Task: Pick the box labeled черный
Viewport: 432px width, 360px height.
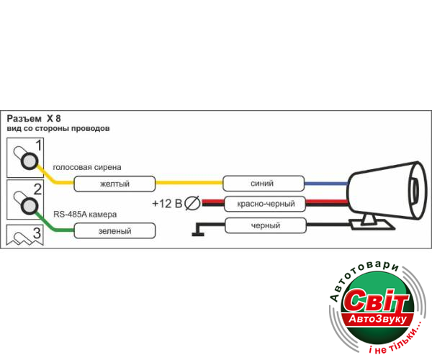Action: pyautogui.click(x=264, y=225)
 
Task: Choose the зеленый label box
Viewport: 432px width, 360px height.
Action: pyautogui.click(x=116, y=231)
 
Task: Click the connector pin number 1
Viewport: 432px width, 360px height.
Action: pyautogui.click(x=28, y=160)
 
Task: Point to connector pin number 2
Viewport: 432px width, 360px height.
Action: pyautogui.click(x=28, y=207)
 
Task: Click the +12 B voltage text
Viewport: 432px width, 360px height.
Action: pyautogui.click(x=167, y=204)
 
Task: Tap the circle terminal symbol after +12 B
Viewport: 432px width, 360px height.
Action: pyautogui.click(x=192, y=204)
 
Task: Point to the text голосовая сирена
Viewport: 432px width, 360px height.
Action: pyautogui.click(x=87, y=167)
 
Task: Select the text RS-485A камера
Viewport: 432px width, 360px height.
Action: pyautogui.click(x=85, y=215)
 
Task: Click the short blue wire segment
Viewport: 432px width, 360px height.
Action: pyautogui.click(x=325, y=183)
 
